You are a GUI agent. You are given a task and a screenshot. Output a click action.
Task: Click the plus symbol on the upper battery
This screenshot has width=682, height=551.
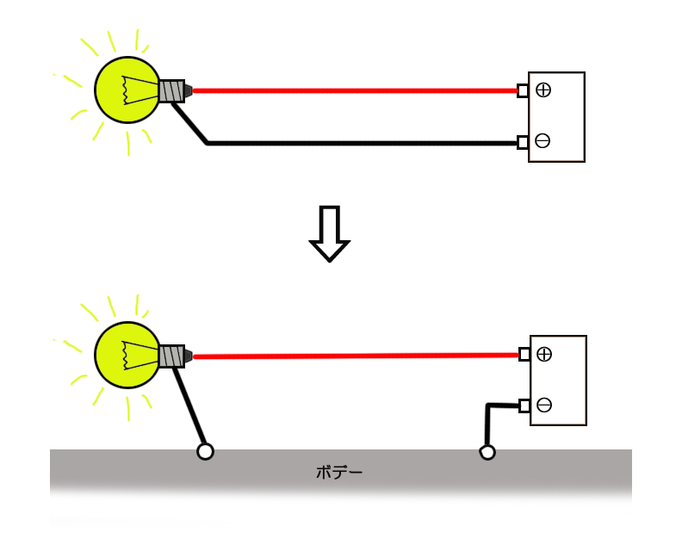(543, 90)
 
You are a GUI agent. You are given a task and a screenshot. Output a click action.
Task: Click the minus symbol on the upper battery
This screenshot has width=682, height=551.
(542, 141)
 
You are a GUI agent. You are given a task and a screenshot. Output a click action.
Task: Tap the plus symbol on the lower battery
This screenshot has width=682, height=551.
(544, 354)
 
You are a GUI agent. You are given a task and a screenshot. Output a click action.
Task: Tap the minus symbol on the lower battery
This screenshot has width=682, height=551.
(544, 405)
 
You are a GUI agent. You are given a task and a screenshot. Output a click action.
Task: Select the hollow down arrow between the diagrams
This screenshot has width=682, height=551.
(329, 233)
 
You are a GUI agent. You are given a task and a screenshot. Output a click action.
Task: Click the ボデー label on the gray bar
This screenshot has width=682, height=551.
(339, 472)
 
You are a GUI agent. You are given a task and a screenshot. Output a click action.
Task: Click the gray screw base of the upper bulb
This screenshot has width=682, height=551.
(171, 91)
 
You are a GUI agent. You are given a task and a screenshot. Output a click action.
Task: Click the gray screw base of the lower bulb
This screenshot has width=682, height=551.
(171, 356)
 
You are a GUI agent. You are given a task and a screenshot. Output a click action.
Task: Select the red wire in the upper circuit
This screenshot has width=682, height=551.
(353, 90)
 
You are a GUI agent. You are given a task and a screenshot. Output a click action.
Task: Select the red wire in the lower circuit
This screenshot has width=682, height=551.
(353, 355)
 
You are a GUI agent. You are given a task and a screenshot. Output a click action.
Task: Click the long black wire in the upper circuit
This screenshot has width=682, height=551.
(362, 143)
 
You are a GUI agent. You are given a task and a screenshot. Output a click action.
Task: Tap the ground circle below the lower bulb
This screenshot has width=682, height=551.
(205, 451)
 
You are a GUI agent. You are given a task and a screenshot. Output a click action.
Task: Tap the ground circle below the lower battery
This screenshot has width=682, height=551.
(487, 452)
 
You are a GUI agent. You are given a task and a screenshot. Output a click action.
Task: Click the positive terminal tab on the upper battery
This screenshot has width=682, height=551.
(523, 90)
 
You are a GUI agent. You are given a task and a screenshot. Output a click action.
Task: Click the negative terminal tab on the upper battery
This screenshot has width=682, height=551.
(523, 142)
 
